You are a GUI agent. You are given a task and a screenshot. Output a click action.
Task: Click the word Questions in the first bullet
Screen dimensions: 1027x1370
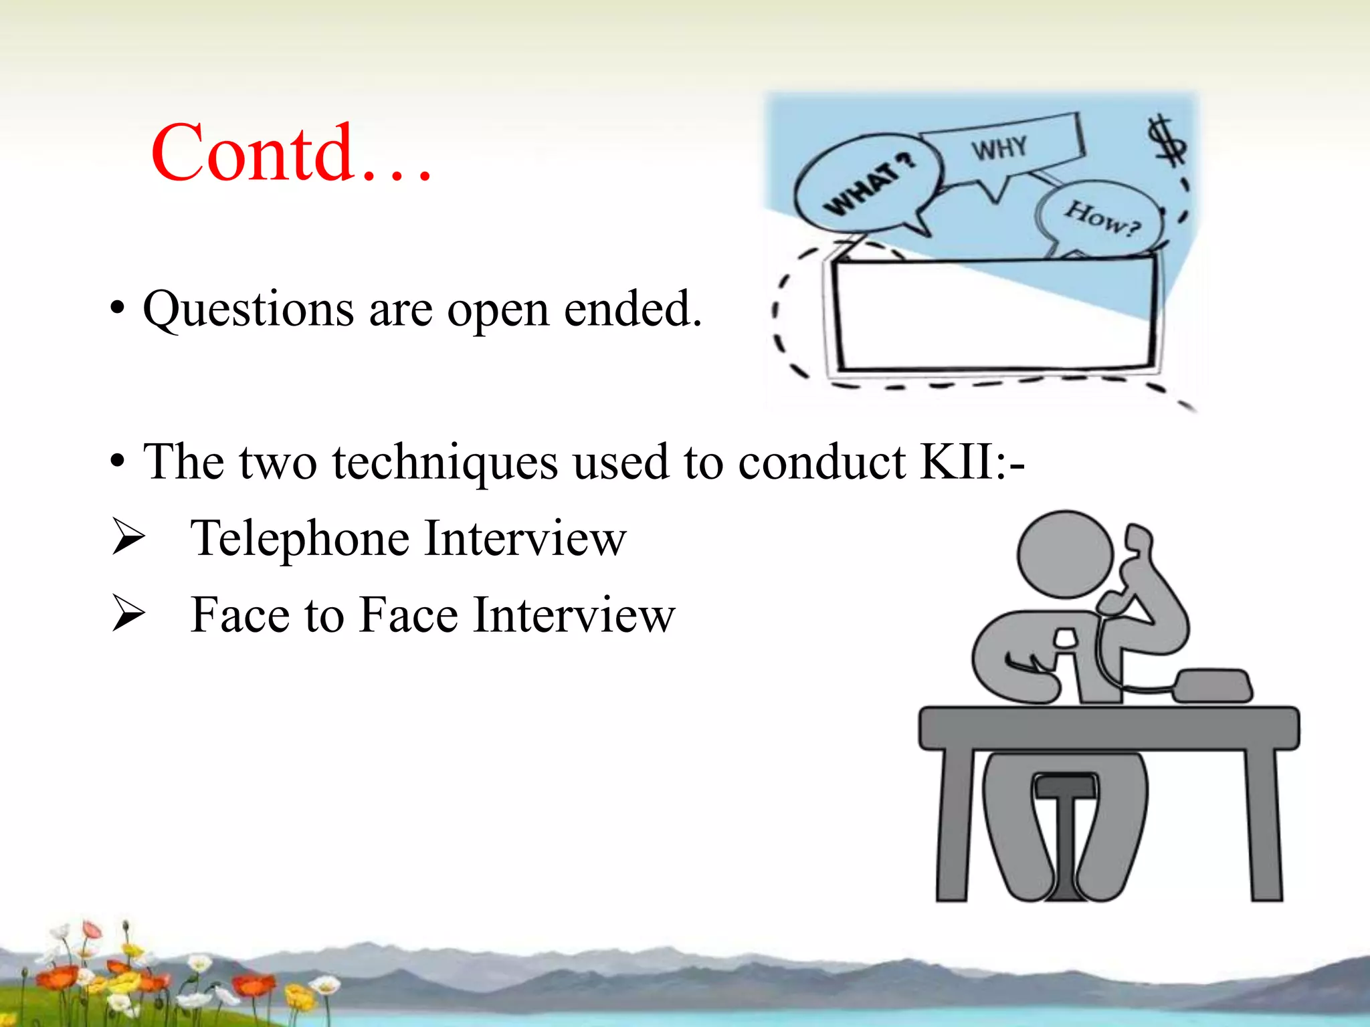coord(248,310)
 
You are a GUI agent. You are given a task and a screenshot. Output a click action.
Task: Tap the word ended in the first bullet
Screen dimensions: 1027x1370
coord(632,310)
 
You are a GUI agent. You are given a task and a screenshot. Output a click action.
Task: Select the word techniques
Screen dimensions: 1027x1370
coord(445,463)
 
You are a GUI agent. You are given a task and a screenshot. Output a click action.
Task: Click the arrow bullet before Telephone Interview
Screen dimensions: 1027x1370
coord(128,538)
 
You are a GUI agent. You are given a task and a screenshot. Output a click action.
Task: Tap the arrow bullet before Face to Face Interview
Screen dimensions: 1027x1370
coord(128,614)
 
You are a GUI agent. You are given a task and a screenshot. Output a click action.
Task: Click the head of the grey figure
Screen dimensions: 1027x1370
coord(1064,554)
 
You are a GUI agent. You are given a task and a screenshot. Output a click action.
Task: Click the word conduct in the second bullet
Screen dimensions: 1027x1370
coord(822,463)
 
